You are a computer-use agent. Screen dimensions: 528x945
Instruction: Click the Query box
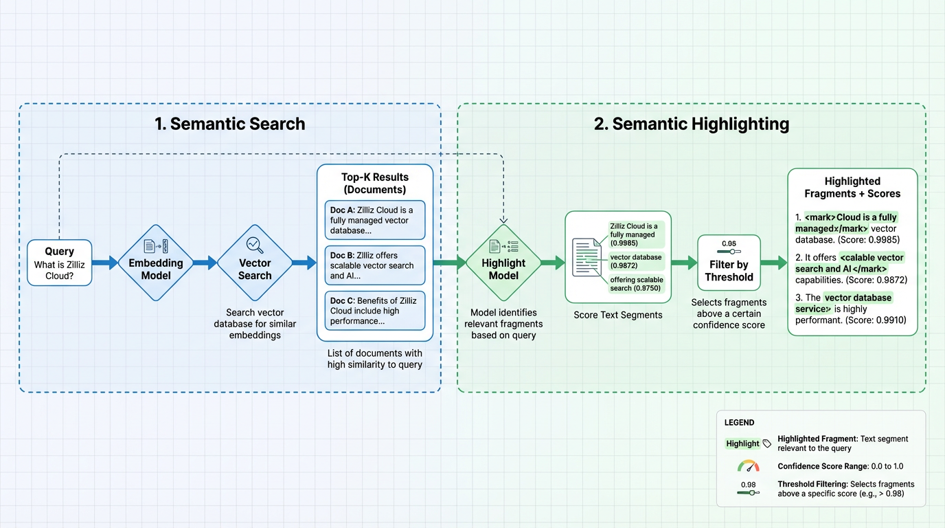tap(59, 263)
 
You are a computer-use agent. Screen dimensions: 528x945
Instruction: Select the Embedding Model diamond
tap(156, 263)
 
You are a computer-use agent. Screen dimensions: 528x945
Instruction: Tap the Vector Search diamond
tap(255, 263)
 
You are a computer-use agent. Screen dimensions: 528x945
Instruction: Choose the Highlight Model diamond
tap(503, 263)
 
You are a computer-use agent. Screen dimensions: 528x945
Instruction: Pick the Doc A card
tap(375, 220)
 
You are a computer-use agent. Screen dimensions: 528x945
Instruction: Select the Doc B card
tap(375, 265)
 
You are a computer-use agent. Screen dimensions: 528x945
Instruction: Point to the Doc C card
tap(375, 311)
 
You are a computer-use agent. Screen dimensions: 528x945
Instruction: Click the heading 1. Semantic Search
tap(230, 124)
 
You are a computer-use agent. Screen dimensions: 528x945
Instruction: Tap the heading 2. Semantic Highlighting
tap(691, 124)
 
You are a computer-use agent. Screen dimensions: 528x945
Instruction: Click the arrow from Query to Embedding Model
tap(105, 263)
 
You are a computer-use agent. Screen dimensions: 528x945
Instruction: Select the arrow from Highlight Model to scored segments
tap(553, 263)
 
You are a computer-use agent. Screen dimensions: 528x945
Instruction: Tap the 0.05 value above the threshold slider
tap(729, 243)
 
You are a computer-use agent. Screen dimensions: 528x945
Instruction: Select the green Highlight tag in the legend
tap(743, 443)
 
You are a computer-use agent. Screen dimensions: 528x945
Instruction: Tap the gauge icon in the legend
tap(748, 466)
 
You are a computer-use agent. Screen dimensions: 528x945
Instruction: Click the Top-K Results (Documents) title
tap(375, 184)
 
